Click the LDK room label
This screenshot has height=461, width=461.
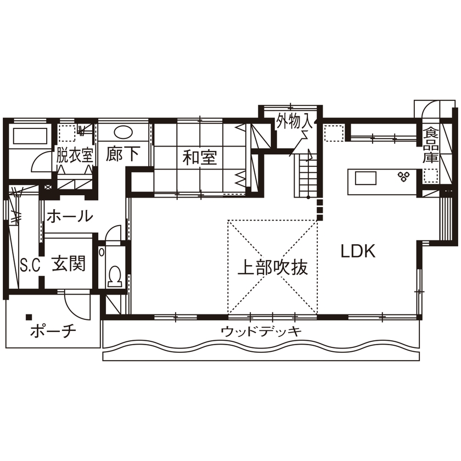click(357, 251)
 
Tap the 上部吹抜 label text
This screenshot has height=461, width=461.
click(272, 267)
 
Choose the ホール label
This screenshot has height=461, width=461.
click(69, 216)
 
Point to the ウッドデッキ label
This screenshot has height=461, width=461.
click(261, 331)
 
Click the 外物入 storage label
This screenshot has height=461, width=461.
click(294, 120)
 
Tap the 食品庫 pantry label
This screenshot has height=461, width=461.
click(430, 145)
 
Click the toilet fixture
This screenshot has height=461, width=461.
click(115, 276)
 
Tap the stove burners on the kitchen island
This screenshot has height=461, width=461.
click(405, 176)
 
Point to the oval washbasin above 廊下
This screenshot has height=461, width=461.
click(123, 132)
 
